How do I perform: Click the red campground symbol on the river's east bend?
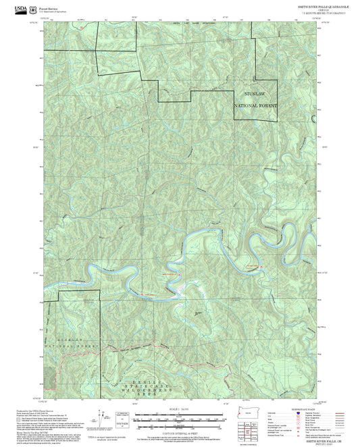click(251, 268)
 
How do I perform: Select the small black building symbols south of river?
click(197, 313)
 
